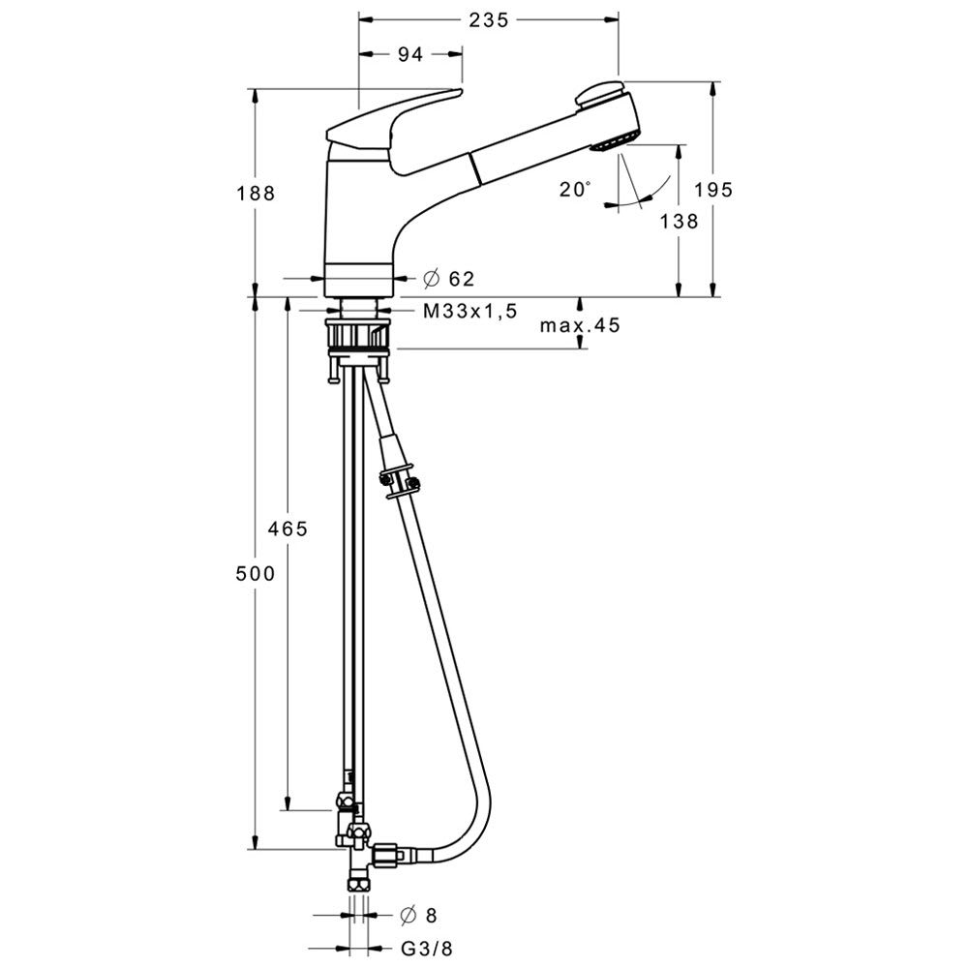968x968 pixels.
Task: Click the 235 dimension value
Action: tap(488, 20)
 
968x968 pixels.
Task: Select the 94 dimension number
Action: tap(410, 55)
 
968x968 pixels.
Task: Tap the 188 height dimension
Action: tap(256, 194)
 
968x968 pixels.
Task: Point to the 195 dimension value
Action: tap(713, 190)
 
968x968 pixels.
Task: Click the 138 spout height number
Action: tap(680, 221)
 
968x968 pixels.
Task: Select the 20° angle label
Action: tap(575, 189)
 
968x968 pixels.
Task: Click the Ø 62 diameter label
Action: tap(449, 279)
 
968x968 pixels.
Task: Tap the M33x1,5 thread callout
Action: tap(469, 311)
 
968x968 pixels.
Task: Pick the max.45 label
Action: tap(580, 325)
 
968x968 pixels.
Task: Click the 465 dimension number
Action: tap(287, 529)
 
